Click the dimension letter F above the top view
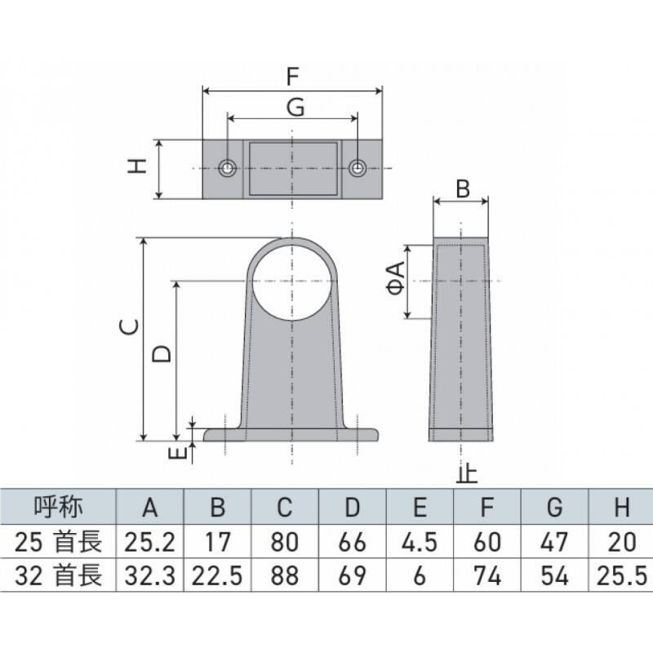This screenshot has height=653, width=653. coord(293,77)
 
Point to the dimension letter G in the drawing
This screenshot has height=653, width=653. coord(295,107)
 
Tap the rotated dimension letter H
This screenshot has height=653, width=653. coord(137,166)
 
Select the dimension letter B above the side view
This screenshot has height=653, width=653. coord(463,189)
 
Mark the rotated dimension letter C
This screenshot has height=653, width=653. coord(129,327)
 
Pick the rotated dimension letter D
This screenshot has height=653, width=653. coord(162,354)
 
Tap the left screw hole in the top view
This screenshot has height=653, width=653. coord(228,168)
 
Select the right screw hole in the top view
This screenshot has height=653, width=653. coord(357,168)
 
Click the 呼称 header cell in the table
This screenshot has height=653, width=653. coord(58,506)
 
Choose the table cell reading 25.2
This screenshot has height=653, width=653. coord(150,542)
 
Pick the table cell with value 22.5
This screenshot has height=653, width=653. coord(217,576)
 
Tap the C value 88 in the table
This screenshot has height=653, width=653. coord(285,576)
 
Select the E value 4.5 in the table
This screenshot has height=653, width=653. coord(420,542)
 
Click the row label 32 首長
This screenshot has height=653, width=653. coord(58,576)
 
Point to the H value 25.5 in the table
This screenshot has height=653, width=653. coord(622,576)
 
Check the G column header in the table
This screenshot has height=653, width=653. coord(555,507)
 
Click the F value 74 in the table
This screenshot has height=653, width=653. coord(487,576)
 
